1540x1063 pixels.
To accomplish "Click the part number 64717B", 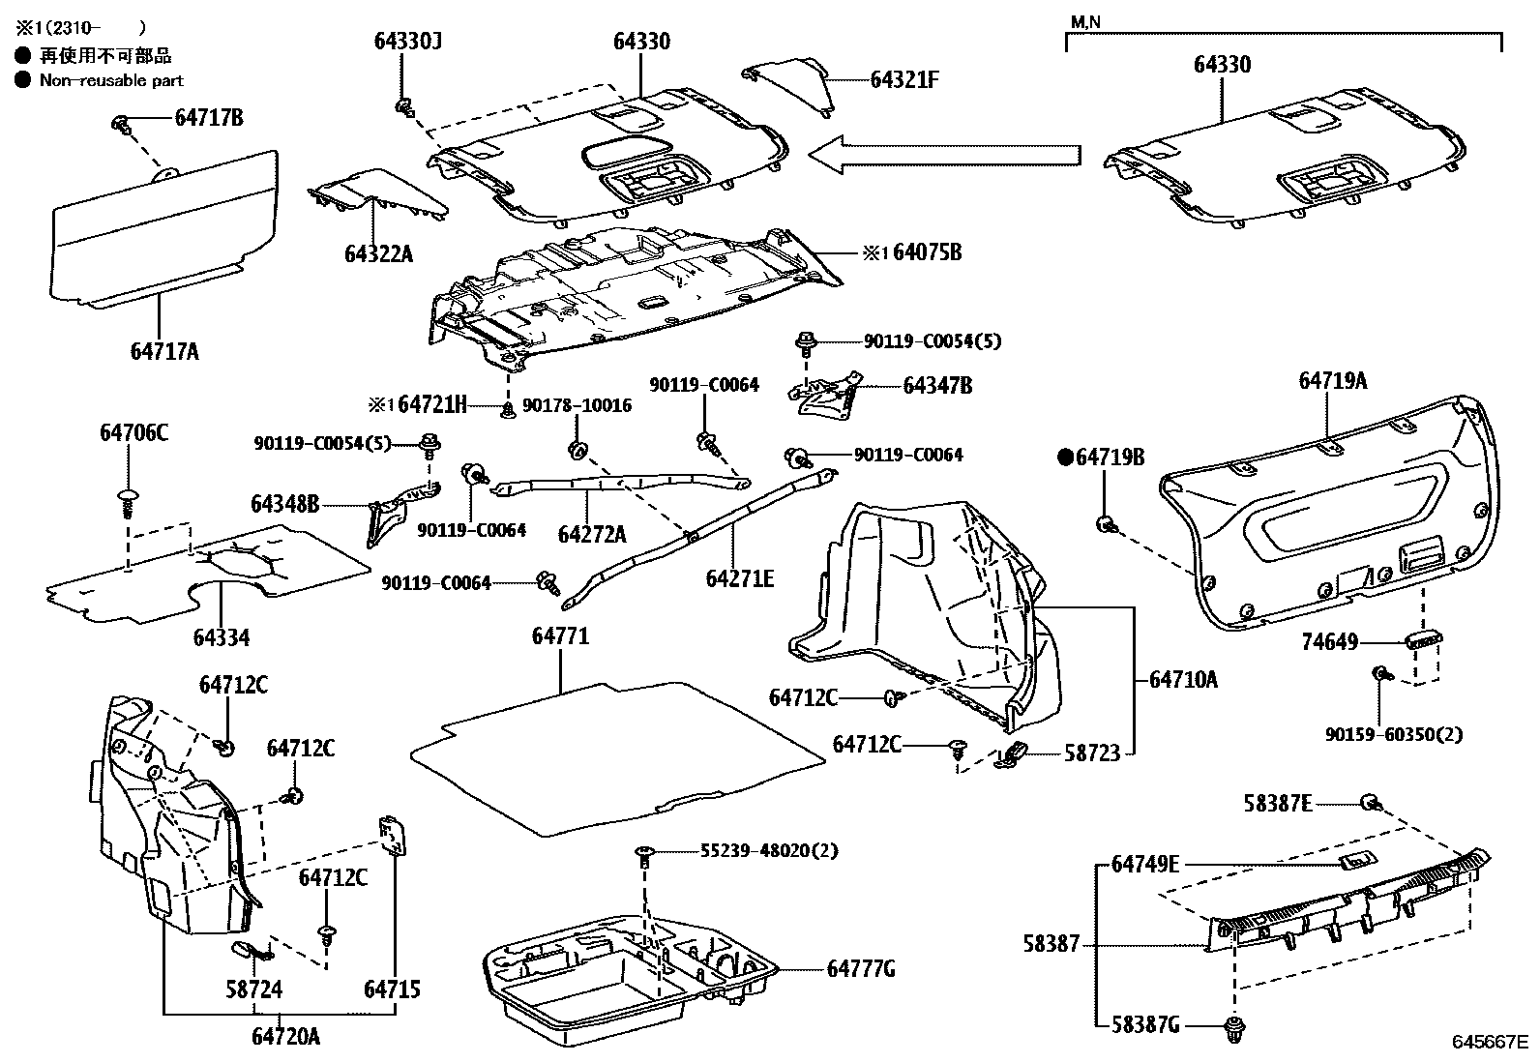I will pyautogui.click(x=209, y=118).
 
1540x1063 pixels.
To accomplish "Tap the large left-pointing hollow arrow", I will pyautogui.click(x=943, y=155).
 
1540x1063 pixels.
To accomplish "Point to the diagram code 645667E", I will pyautogui.click(x=1489, y=1042).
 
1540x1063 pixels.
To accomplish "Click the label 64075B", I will pyautogui.click(x=927, y=252).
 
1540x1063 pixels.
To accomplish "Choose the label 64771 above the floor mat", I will pyautogui.click(x=560, y=636).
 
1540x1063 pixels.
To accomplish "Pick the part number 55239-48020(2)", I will pyautogui.click(x=769, y=851).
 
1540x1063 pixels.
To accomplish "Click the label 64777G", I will pyautogui.click(x=861, y=969).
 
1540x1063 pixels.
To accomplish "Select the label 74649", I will pyautogui.click(x=1356, y=642).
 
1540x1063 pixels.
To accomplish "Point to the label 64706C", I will pyautogui.click(x=133, y=433).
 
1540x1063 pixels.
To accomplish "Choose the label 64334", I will pyautogui.click(x=222, y=637).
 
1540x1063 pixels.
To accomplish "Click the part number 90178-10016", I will pyautogui.click(x=577, y=405).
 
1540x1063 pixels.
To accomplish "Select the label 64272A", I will pyautogui.click(x=592, y=534).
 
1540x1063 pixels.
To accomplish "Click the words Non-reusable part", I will pyautogui.click(x=111, y=81).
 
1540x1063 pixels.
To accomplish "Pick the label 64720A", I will pyautogui.click(x=285, y=1037).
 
